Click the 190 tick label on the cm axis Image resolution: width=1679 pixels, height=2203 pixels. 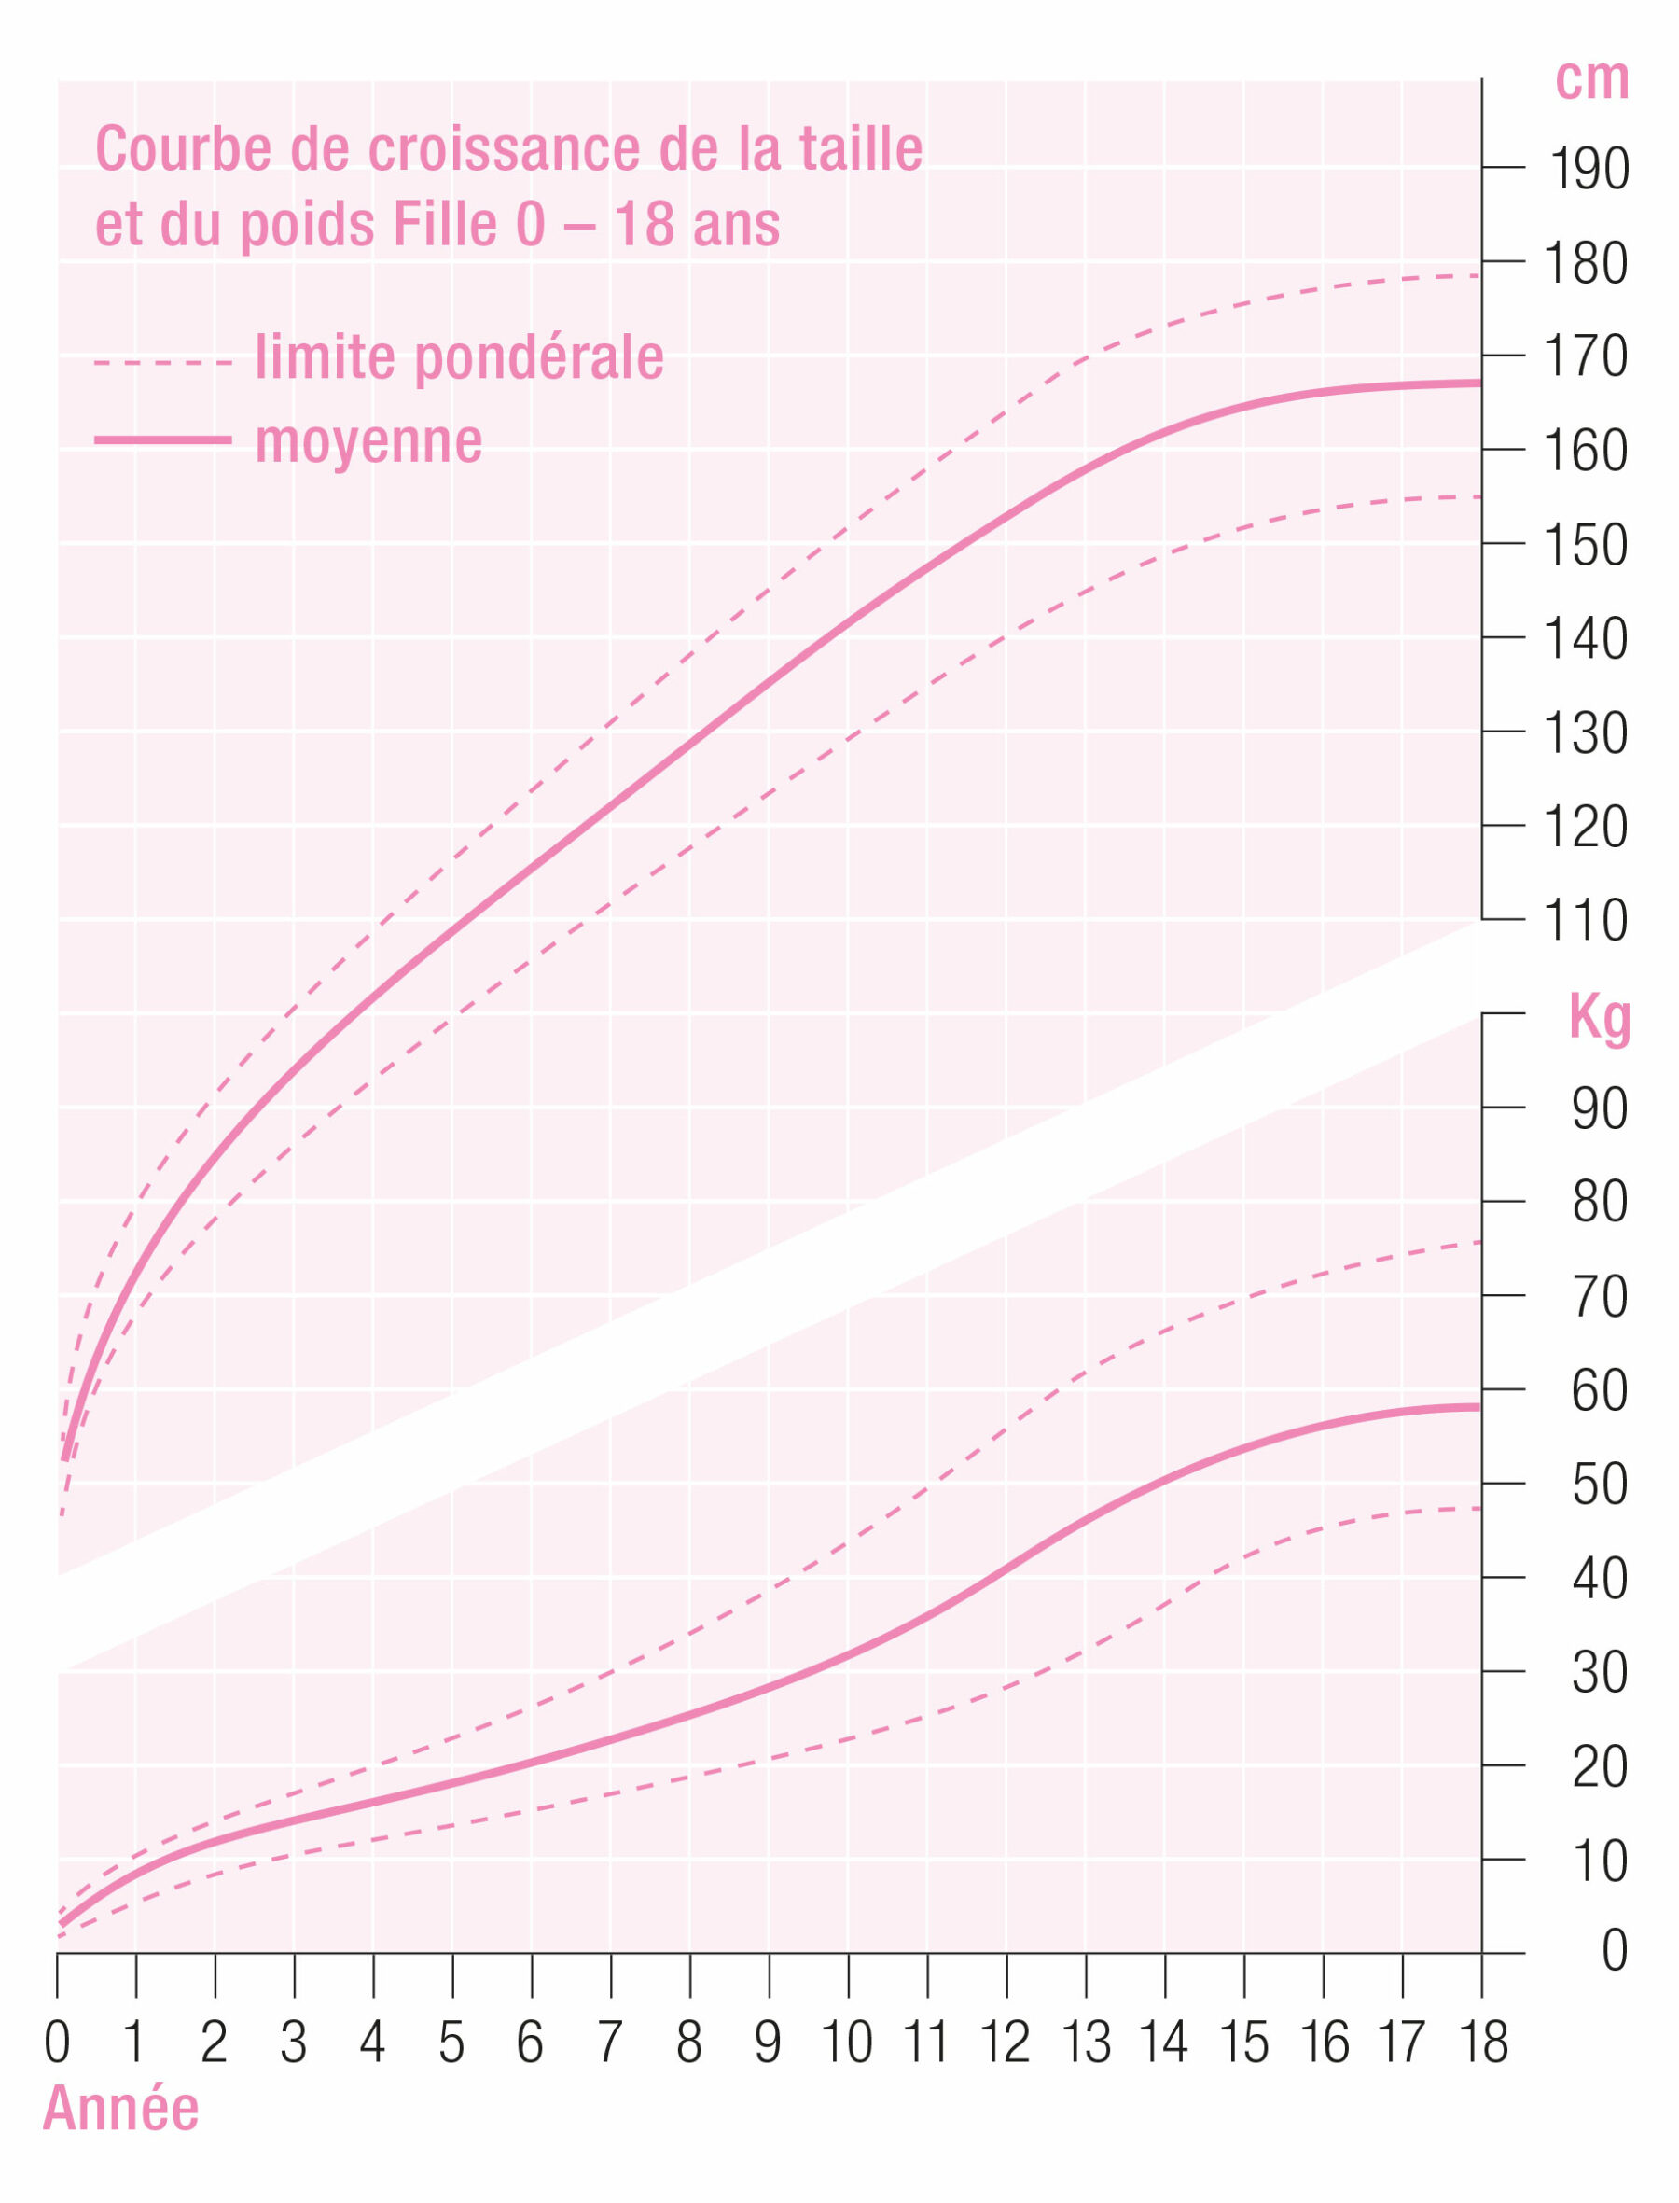click(x=1589, y=169)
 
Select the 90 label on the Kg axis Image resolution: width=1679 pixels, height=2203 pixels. click(x=1599, y=1108)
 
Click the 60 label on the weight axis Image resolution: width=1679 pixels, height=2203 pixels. click(x=1599, y=1390)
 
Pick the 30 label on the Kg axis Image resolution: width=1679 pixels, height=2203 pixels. click(x=1599, y=1672)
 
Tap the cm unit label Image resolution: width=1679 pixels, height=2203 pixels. click(x=1591, y=80)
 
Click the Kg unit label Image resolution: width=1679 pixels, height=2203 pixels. click(x=1599, y=1019)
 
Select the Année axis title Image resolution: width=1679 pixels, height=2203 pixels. click(x=121, y=2109)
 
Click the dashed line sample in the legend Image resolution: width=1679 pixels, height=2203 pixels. click(x=163, y=362)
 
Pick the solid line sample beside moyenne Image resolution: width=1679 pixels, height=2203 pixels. click(x=163, y=439)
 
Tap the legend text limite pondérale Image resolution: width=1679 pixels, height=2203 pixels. click(x=460, y=358)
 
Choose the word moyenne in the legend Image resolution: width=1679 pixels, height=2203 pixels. click(x=368, y=441)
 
